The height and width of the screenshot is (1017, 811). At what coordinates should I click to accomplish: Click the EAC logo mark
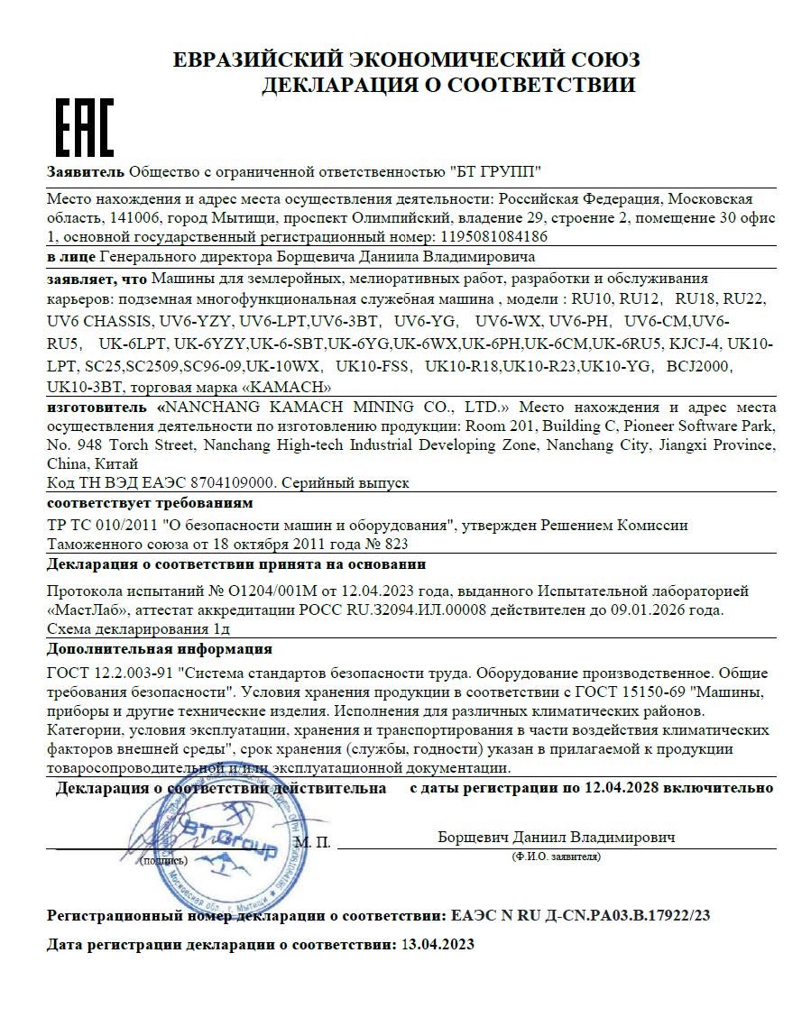[86, 128]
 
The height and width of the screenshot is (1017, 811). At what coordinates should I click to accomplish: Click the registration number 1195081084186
[494, 237]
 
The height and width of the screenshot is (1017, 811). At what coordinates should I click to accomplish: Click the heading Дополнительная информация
[159, 648]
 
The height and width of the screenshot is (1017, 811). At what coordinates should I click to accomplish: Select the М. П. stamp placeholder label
[313, 842]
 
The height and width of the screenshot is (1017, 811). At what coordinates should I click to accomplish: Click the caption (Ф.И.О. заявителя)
[556, 856]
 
